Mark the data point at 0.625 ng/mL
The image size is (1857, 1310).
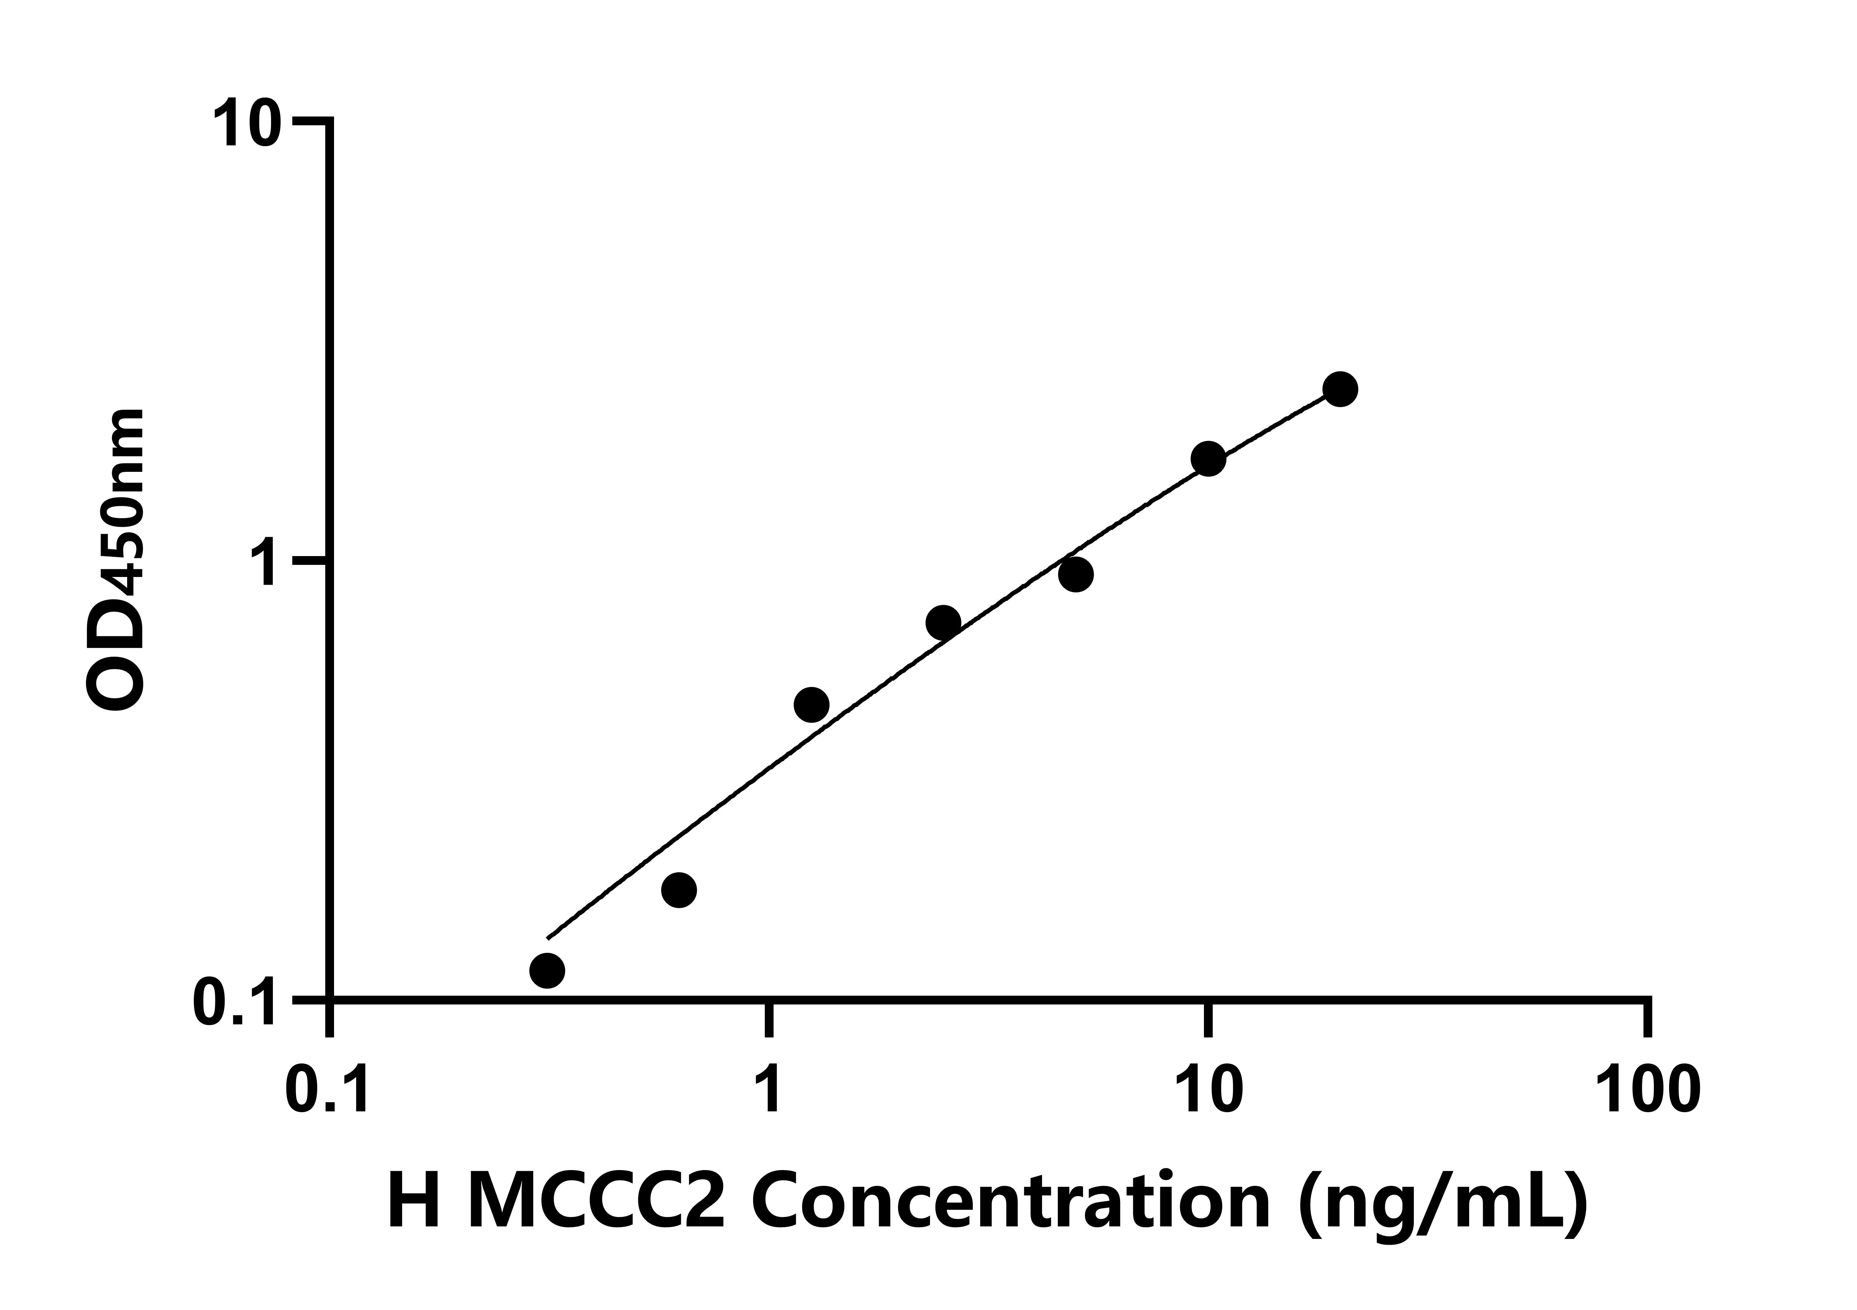pos(679,890)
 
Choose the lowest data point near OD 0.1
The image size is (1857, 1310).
pos(548,970)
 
